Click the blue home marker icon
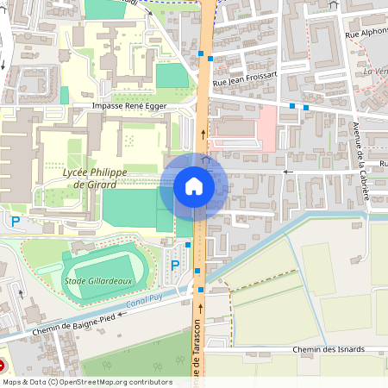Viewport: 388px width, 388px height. pyautogui.click(x=194, y=186)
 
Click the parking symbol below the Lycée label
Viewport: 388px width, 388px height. pyautogui.click(x=16, y=222)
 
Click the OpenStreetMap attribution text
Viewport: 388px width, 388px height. pyautogui.click(x=87, y=381)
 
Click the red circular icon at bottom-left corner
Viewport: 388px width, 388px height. pyautogui.click(x=3, y=366)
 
